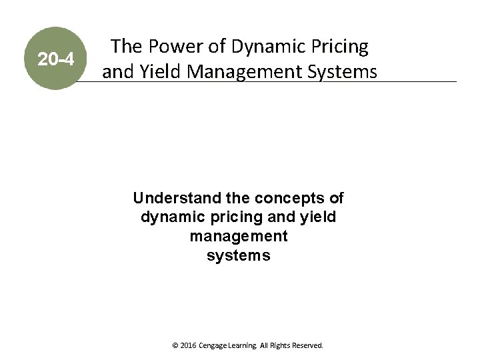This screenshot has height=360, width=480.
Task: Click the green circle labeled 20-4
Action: (56, 59)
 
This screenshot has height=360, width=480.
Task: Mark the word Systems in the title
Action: (344, 71)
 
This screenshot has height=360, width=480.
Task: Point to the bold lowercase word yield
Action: (318, 217)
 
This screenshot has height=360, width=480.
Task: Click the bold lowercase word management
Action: (239, 236)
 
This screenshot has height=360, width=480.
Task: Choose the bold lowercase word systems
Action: (239, 255)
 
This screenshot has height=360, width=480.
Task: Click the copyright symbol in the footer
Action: (175, 346)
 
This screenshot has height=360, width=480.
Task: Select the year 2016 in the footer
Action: (188, 346)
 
